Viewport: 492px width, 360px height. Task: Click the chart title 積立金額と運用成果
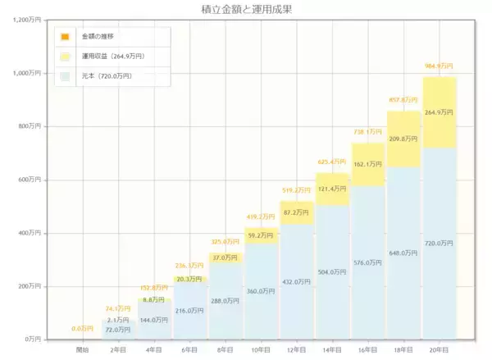(x=246, y=9)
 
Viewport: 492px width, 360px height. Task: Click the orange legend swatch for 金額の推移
(x=65, y=37)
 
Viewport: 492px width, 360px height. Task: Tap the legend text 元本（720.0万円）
(x=107, y=76)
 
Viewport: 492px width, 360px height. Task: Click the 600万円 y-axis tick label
(x=36, y=180)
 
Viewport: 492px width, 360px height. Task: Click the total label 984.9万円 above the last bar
(x=439, y=66)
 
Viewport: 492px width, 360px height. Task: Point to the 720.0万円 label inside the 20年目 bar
(x=440, y=243)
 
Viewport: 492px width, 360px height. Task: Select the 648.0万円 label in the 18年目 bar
(x=403, y=253)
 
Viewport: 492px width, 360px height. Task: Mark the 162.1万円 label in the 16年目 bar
(x=368, y=164)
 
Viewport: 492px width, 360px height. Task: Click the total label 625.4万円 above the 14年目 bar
(x=332, y=162)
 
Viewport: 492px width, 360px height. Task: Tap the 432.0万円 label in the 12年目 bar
(x=297, y=281)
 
